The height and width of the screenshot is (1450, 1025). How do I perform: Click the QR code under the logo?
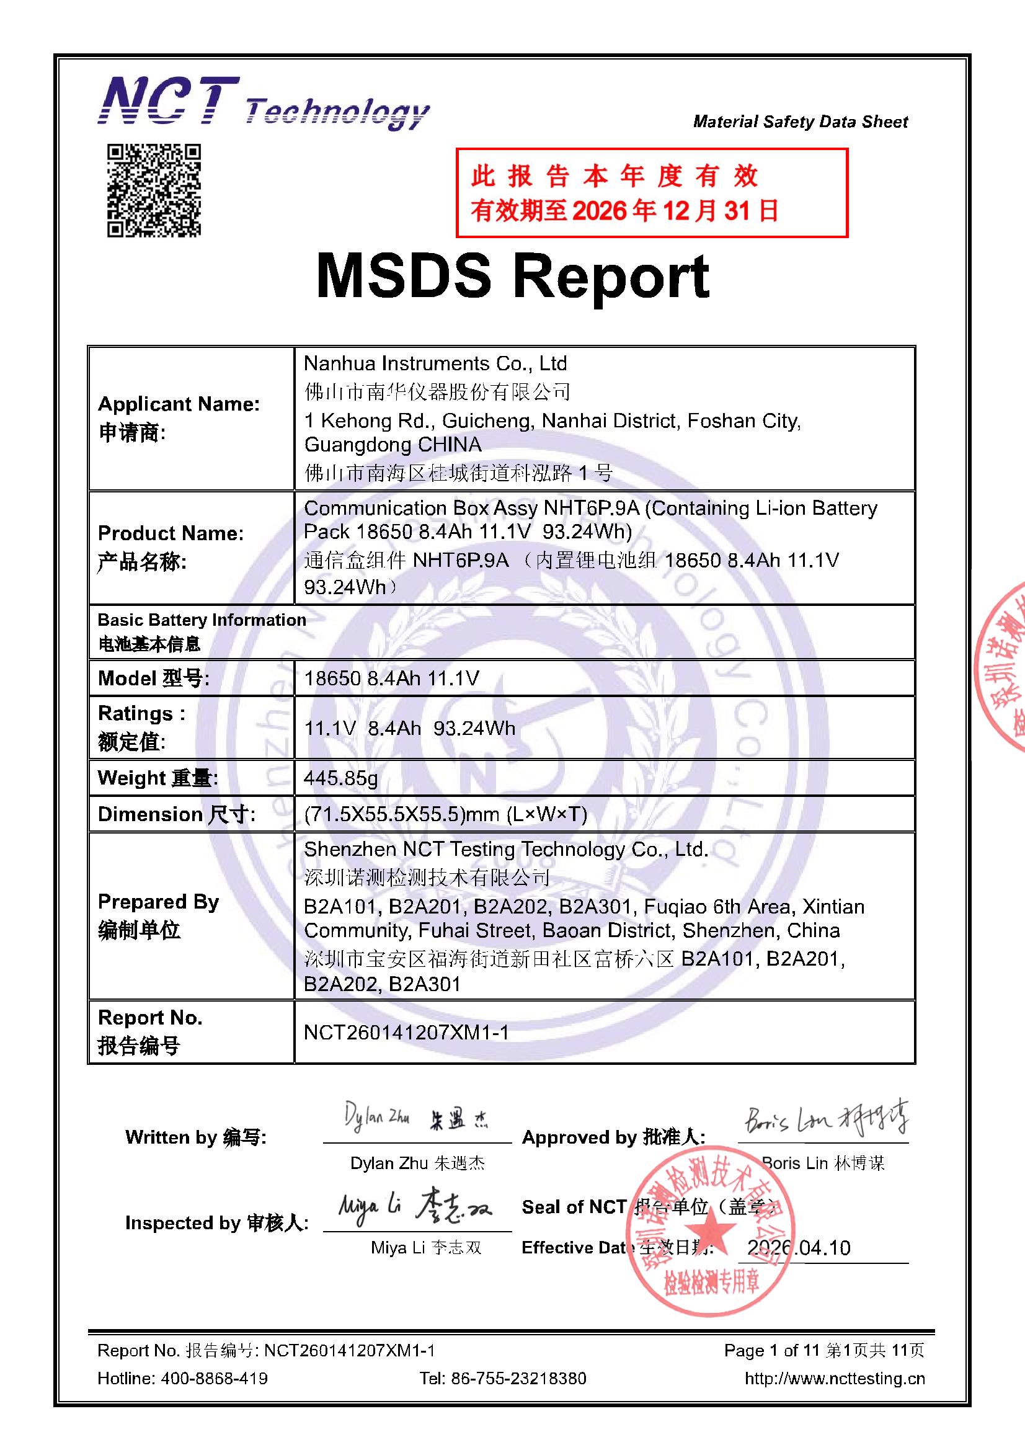click(x=153, y=190)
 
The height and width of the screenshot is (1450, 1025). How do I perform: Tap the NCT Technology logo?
click(x=263, y=104)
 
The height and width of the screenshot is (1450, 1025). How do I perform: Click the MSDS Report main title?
click(x=512, y=277)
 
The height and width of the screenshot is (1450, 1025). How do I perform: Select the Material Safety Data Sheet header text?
click(x=799, y=122)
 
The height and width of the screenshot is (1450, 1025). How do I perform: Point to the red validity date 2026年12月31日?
click(x=675, y=211)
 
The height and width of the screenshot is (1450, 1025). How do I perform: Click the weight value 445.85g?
click(x=340, y=778)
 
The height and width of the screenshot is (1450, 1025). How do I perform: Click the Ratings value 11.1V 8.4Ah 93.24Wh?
click(x=409, y=728)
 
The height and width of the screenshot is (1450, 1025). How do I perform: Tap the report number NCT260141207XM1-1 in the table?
click(x=406, y=1033)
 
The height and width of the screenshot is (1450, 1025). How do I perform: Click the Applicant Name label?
click(x=179, y=404)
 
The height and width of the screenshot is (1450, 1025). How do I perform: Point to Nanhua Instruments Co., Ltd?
click(x=435, y=364)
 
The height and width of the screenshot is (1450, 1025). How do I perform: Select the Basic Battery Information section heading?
click(x=202, y=620)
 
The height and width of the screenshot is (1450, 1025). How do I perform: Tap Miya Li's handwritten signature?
click(x=414, y=1207)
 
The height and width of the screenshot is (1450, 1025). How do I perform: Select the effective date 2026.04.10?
click(x=798, y=1248)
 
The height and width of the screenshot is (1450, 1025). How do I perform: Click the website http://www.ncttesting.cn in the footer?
click(x=834, y=1378)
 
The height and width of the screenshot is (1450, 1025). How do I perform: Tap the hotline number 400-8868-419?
click(x=214, y=1378)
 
